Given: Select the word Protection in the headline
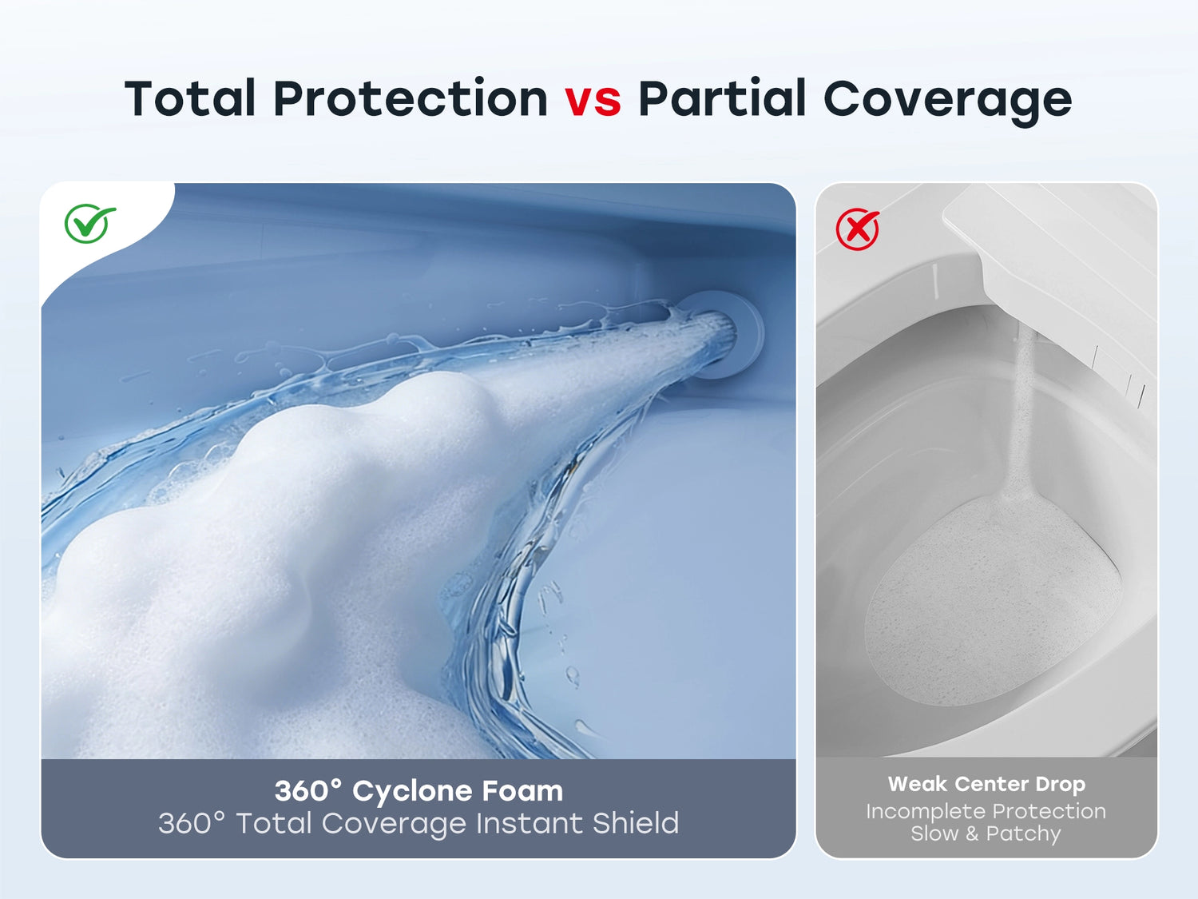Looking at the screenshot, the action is click(411, 97).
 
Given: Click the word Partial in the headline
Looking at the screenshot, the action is click(721, 97).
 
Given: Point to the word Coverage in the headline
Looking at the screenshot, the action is click(948, 101).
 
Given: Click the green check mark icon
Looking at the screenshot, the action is click(89, 223).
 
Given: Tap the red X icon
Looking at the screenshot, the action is click(858, 229).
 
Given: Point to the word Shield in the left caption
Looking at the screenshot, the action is click(636, 823).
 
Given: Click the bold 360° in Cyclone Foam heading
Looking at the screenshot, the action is click(308, 790).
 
